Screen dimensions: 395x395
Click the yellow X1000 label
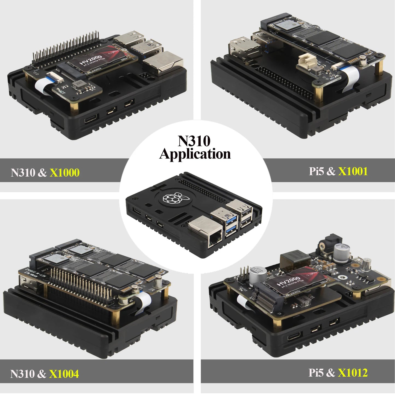(x=65, y=172)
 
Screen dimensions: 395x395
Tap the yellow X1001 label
(x=353, y=171)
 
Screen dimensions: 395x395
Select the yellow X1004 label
(x=64, y=374)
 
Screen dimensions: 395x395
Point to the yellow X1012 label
(x=353, y=373)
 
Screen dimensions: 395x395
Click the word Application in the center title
(x=195, y=154)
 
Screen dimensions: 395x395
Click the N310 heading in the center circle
(x=194, y=141)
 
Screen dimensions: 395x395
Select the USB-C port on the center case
(x=137, y=211)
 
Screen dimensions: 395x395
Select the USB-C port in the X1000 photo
(x=91, y=120)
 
